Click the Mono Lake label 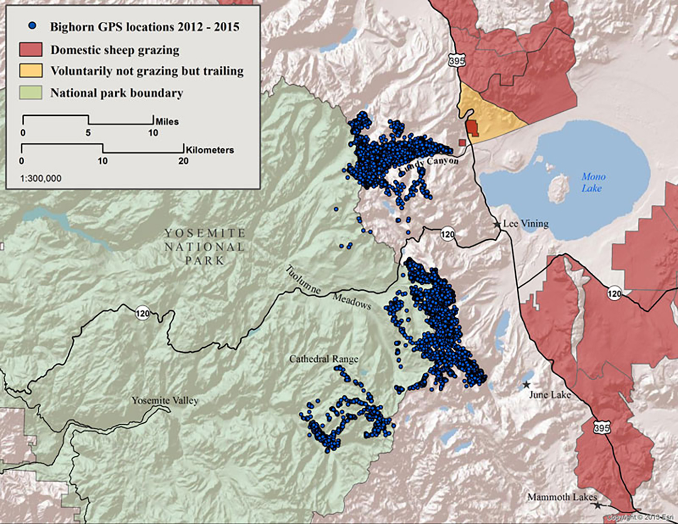click(593, 182)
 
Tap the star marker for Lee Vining click(496, 224)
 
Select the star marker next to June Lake click(526, 385)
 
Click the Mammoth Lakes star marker click(598, 505)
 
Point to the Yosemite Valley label click(165, 401)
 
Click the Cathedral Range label click(324, 359)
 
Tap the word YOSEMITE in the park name click(205, 233)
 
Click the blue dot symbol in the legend click(32, 26)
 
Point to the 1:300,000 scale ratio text click(41, 178)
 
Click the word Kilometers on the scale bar click(209, 150)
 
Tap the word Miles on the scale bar click(167, 121)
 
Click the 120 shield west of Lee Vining click(447, 234)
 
